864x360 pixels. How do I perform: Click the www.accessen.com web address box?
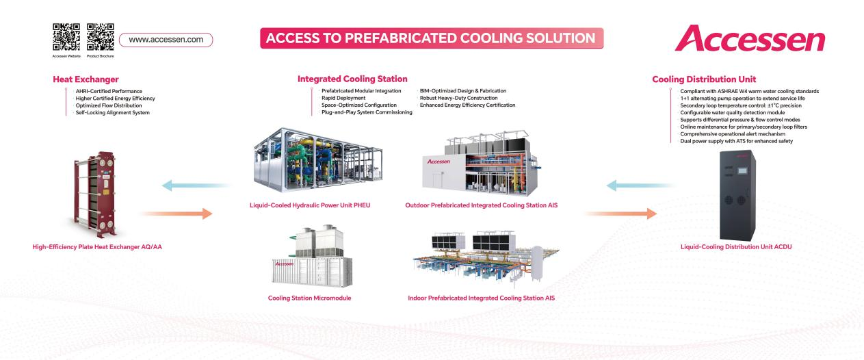click(x=166, y=40)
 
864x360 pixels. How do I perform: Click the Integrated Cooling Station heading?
click(x=352, y=79)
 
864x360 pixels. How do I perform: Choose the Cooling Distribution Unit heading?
click(x=704, y=79)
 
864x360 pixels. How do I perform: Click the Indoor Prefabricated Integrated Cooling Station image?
click(x=480, y=259)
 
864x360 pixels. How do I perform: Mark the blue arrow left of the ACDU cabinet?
click(x=629, y=184)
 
